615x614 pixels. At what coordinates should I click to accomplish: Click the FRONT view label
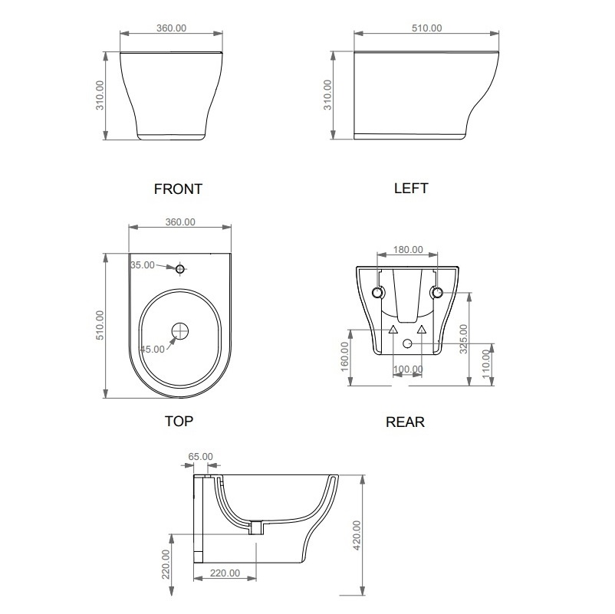click(178, 189)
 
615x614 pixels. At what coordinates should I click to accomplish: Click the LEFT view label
click(411, 189)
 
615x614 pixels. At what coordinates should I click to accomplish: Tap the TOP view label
click(179, 421)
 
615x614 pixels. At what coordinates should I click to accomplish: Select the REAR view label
click(405, 422)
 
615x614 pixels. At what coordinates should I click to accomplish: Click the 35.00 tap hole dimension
click(143, 265)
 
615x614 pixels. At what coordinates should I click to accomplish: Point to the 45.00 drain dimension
click(153, 349)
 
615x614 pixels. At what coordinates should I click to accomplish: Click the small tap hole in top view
click(180, 269)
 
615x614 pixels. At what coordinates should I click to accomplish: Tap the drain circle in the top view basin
click(180, 331)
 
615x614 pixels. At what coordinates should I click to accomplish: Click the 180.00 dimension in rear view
click(408, 250)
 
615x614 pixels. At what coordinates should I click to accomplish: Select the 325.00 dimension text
click(464, 339)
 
